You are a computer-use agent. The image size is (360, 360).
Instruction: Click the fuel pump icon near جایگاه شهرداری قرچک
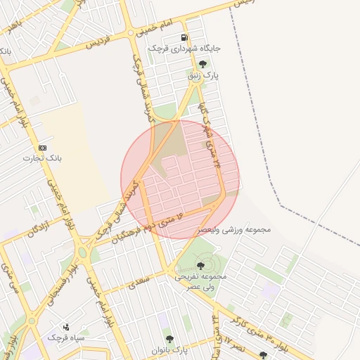[184, 38]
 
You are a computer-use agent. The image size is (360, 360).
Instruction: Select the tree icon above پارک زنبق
[203, 64]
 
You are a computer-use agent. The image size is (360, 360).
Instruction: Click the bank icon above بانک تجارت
[43, 148]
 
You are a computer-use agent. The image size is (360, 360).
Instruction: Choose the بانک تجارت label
[43, 158]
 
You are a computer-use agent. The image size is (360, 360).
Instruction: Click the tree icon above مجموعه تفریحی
[201, 266]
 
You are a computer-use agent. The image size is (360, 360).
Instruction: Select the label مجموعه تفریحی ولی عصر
[201, 282]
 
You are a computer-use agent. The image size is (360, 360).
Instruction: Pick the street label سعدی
[140, 283]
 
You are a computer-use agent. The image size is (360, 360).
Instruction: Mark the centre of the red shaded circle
[180, 179]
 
